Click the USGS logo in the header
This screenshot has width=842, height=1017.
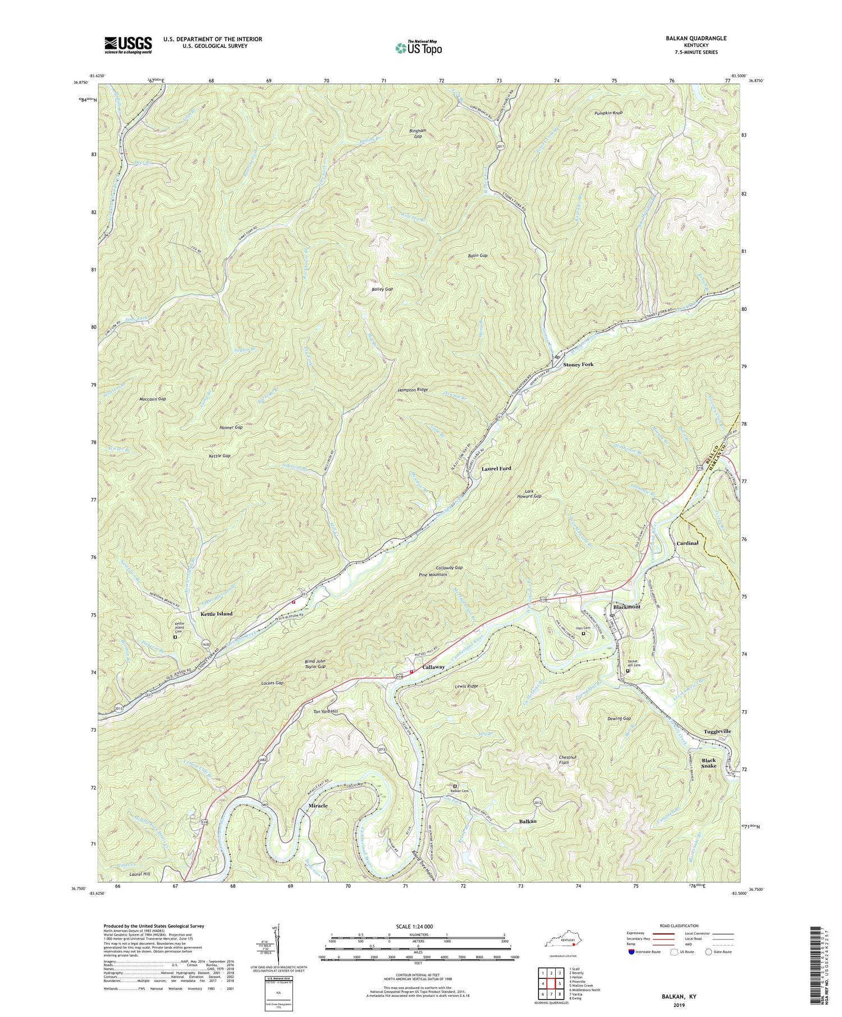pos(128,45)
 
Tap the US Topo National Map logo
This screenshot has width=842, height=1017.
pos(418,48)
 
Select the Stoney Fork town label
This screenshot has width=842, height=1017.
pos(578,365)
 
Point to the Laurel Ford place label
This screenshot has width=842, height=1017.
pos(496,468)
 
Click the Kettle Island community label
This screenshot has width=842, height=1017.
pos(216,614)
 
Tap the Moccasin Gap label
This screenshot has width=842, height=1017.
pos(153,399)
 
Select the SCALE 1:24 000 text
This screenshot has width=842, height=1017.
pos(417,926)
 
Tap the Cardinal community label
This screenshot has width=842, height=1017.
pos(687,543)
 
